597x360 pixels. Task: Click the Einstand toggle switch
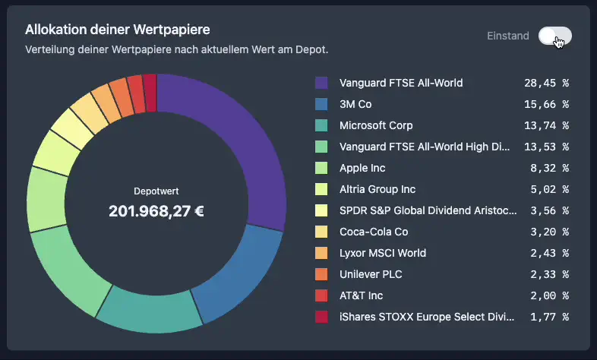pyautogui.click(x=554, y=36)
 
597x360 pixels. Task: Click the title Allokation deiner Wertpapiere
pyautogui.click(x=117, y=30)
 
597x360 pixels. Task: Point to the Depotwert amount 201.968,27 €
pyautogui.click(x=156, y=210)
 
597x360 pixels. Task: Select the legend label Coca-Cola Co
pyautogui.click(x=374, y=232)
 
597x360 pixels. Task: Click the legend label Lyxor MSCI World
pyautogui.click(x=383, y=253)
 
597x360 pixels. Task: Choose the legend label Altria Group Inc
pyautogui.click(x=377, y=189)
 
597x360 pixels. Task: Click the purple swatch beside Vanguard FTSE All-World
pyautogui.click(x=321, y=83)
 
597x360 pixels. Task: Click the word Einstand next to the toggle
pyautogui.click(x=508, y=36)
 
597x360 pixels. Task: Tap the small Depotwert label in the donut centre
pyautogui.click(x=156, y=191)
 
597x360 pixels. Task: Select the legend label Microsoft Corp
pyautogui.click(x=376, y=125)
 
